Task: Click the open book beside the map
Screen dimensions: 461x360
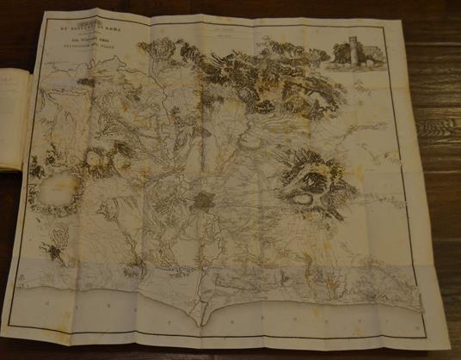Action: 15,120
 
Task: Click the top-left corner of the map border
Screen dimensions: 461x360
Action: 30,21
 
